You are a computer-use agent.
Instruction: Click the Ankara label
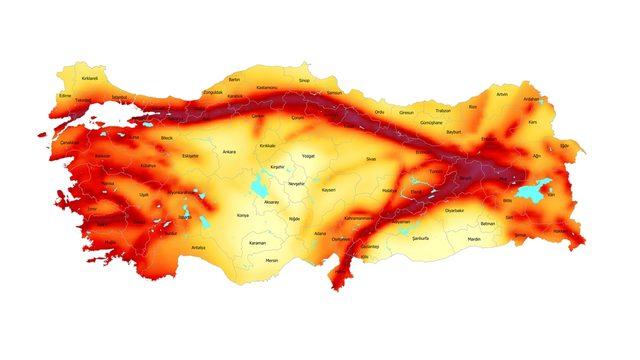(229, 152)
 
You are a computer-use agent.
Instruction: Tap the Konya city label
(243, 215)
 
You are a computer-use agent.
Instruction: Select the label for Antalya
(198, 247)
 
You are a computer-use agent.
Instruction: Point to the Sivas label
(370, 159)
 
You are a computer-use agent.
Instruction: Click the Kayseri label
(328, 189)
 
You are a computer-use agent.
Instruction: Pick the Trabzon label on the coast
(444, 110)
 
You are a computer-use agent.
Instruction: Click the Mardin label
(475, 240)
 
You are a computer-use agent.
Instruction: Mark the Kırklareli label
(91, 77)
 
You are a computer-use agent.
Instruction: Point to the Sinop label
(305, 80)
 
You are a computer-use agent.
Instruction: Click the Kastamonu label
(267, 87)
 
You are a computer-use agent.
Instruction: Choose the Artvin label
(502, 94)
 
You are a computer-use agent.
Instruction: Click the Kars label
(533, 122)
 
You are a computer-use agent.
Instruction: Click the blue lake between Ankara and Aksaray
(262, 183)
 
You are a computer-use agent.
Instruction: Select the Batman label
(488, 224)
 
